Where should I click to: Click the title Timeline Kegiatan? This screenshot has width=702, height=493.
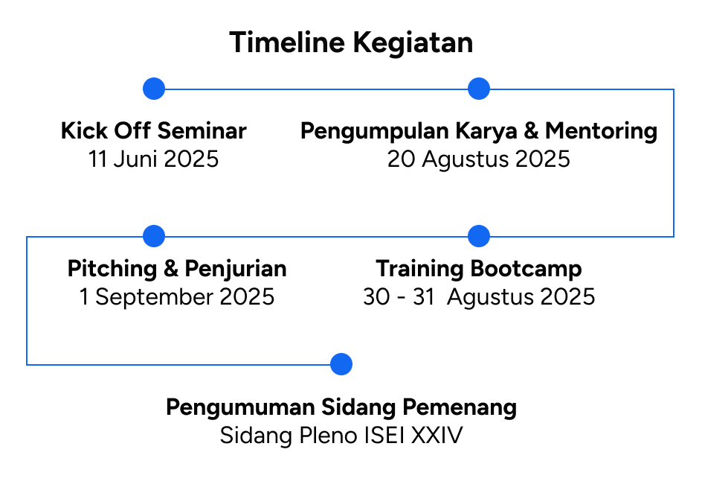351,43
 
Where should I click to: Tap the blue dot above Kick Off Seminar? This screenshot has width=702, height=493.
154,89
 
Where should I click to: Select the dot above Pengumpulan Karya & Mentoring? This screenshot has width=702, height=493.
479,89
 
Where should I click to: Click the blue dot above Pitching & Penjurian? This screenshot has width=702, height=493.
154,236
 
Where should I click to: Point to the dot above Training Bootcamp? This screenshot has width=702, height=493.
479,236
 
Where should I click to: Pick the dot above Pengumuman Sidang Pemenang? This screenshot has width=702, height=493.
341,364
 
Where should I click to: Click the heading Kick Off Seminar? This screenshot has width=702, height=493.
153,131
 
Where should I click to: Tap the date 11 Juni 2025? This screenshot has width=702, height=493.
153,159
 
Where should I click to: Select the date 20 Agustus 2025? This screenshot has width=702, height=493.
479,159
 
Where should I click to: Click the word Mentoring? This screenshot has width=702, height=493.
601,132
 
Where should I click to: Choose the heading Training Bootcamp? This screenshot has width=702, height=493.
479,270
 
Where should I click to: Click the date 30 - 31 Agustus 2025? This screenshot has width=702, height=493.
479,297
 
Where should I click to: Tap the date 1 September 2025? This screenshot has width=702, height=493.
177,297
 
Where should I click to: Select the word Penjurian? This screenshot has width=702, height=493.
236,270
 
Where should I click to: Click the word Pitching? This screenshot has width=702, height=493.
112,270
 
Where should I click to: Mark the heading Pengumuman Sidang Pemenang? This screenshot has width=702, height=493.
341,408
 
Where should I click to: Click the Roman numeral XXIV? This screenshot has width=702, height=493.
437,435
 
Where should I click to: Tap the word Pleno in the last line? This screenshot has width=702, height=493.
328,435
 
